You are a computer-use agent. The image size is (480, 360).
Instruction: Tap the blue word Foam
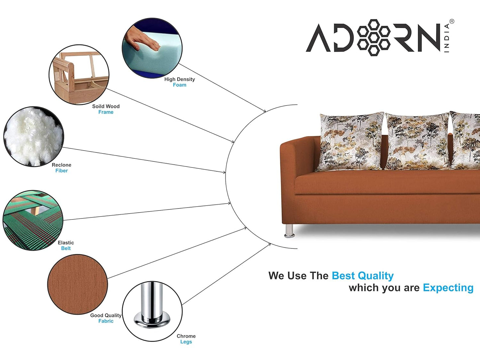click(x=179, y=85)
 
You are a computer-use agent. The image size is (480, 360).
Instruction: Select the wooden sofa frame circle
click(x=79, y=75)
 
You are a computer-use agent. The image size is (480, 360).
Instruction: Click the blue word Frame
click(x=106, y=112)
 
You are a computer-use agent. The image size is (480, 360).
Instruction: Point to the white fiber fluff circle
click(x=33, y=136)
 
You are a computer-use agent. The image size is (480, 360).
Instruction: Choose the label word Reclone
click(x=61, y=165)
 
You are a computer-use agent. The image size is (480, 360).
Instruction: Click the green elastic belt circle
click(x=33, y=220)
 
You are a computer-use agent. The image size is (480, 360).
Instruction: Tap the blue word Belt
click(x=66, y=248)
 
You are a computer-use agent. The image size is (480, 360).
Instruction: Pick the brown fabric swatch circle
click(x=77, y=284)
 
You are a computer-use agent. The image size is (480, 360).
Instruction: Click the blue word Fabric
click(x=106, y=321)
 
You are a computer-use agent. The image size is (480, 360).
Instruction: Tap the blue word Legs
click(x=186, y=342)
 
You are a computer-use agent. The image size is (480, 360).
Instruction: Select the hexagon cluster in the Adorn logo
click(x=374, y=37)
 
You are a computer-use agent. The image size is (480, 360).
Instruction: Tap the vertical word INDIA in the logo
click(x=447, y=38)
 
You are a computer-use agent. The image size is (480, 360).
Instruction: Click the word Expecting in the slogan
click(x=448, y=288)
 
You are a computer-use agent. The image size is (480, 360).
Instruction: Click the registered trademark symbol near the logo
click(x=452, y=22)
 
